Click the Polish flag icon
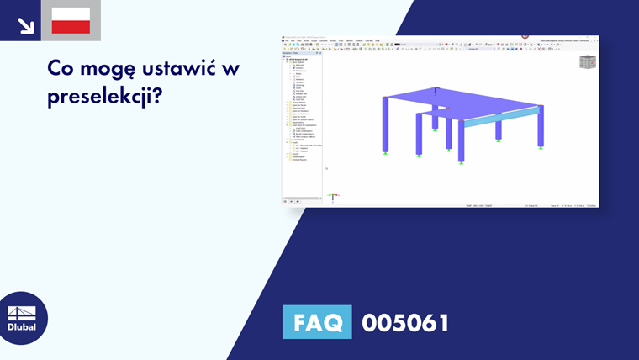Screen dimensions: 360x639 [71, 20]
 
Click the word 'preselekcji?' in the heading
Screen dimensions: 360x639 [104, 96]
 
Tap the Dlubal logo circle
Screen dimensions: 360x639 [22, 318]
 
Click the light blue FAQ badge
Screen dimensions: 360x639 [317, 322]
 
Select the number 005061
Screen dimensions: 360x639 [405, 322]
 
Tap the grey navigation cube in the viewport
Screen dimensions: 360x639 [587, 62]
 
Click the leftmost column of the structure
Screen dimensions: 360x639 [385, 124]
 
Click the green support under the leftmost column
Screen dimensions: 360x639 [385, 153]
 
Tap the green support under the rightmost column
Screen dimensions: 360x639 [541, 148]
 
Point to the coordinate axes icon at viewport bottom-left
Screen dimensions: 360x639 [333, 197]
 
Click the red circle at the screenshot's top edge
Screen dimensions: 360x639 [525, 36]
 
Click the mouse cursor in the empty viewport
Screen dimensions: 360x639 [326, 168]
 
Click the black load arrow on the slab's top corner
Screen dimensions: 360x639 [435, 89]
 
